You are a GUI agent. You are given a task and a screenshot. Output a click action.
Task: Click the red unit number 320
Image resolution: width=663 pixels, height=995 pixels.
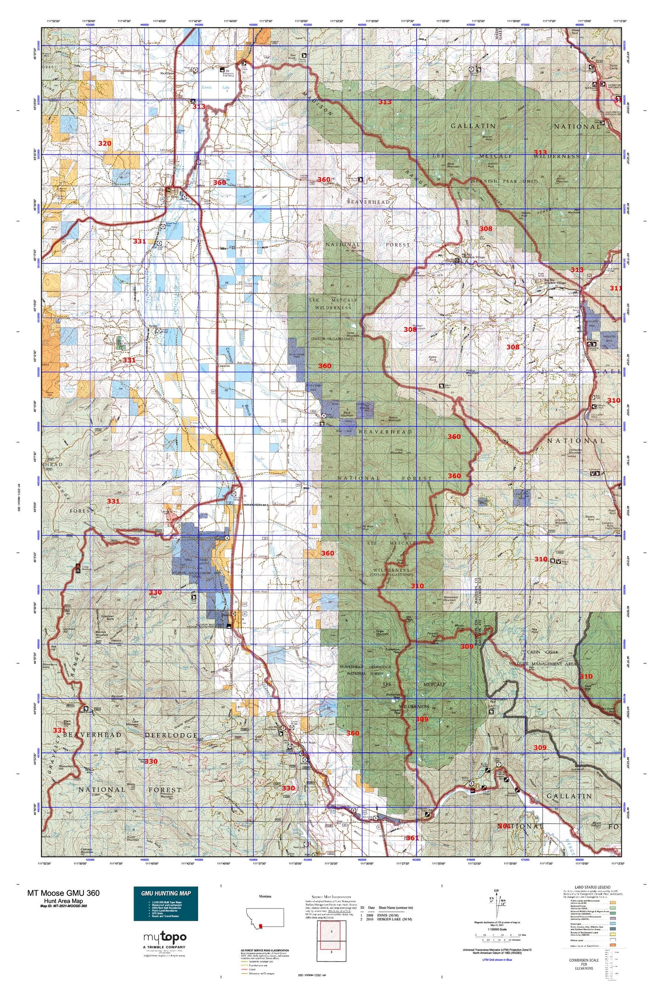(105, 144)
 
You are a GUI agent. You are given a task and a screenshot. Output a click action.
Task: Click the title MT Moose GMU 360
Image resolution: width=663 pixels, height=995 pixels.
(63, 893)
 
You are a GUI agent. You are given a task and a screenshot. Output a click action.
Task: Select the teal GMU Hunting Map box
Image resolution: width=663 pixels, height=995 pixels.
(166, 904)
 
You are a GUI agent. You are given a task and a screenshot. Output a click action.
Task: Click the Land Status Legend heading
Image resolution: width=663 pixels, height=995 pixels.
(592, 887)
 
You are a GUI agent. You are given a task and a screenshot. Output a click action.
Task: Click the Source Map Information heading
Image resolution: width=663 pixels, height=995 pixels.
(331, 896)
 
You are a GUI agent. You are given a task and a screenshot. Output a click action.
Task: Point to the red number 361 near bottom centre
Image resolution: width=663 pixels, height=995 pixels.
(412, 838)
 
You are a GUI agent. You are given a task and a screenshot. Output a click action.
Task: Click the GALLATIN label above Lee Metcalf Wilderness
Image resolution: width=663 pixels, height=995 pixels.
(473, 126)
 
